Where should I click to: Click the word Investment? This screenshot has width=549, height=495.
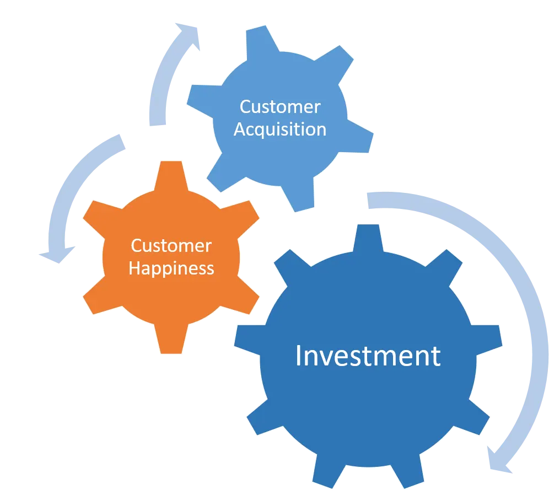coord(368,356)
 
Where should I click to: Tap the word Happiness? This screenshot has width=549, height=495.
coord(171,268)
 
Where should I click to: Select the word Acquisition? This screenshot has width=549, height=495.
coord(280,129)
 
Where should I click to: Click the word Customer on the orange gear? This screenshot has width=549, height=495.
coord(171,245)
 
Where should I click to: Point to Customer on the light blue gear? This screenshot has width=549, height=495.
coord(280,106)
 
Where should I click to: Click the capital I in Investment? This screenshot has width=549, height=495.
coord(298,356)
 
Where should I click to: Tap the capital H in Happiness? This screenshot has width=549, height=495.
coord(133,268)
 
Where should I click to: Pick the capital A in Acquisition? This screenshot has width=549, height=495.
coord(239,129)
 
